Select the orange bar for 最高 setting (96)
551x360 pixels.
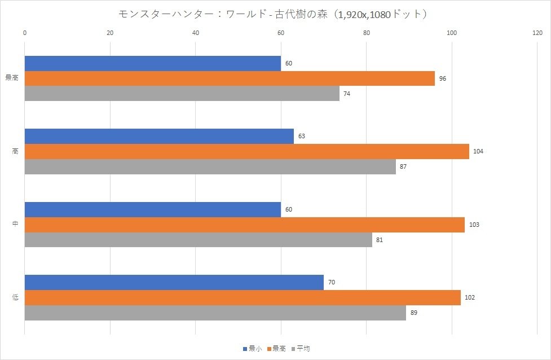point(230,78)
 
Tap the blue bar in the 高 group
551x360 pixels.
point(159,137)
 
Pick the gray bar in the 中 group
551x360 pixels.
point(199,240)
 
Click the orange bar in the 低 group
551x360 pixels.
point(243,297)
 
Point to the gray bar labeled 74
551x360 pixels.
point(182,94)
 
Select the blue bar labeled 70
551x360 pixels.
point(174,282)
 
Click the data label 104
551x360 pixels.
point(479,152)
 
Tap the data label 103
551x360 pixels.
point(474,225)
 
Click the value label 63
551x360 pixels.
point(302,137)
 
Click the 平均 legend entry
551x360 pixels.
point(301,349)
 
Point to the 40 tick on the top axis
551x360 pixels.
point(196,33)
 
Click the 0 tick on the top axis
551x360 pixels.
point(25,33)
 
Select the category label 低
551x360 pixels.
point(15,297)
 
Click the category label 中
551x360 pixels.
point(15,225)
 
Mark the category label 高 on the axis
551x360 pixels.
point(15,152)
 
